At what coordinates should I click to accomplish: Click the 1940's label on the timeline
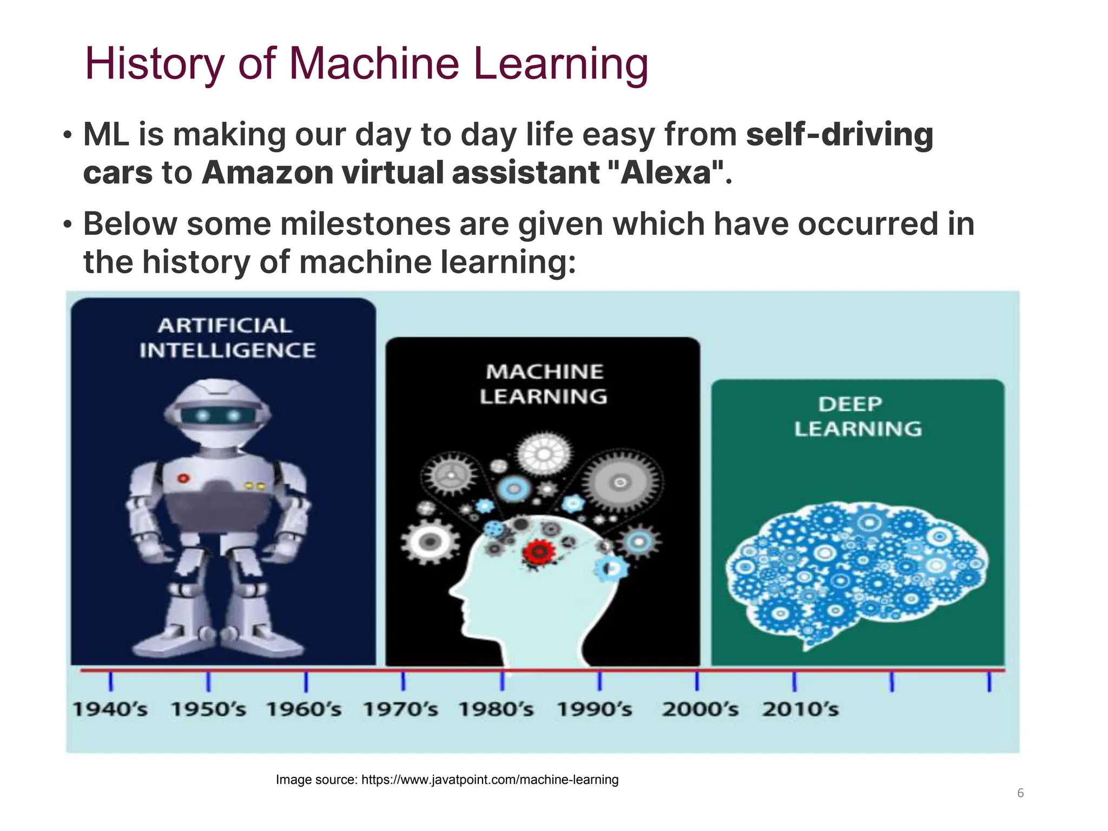pyautogui.click(x=110, y=709)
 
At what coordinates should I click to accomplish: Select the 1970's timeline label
pyautogui.click(x=400, y=709)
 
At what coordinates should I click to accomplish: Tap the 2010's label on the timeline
pyautogui.click(x=800, y=709)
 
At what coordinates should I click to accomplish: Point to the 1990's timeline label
pyautogui.click(x=594, y=709)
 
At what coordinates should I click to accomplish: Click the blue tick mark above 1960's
pyautogui.click(x=306, y=682)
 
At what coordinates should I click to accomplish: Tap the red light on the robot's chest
pyautogui.click(x=183, y=478)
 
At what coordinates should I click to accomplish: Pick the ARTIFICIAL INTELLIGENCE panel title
pyautogui.click(x=227, y=338)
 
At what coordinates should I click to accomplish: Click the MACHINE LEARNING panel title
pyautogui.click(x=544, y=384)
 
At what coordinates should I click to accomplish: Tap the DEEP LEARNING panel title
pyautogui.click(x=858, y=417)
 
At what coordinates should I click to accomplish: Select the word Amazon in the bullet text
pyautogui.click(x=267, y=173)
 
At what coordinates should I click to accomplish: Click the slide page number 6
pyautogui.click(x=1020, y=793)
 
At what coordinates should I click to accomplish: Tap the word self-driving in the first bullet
pyautogui.click(x=839, y=134)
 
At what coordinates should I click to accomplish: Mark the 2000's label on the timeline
pyautogui.click(x=700, y=709)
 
